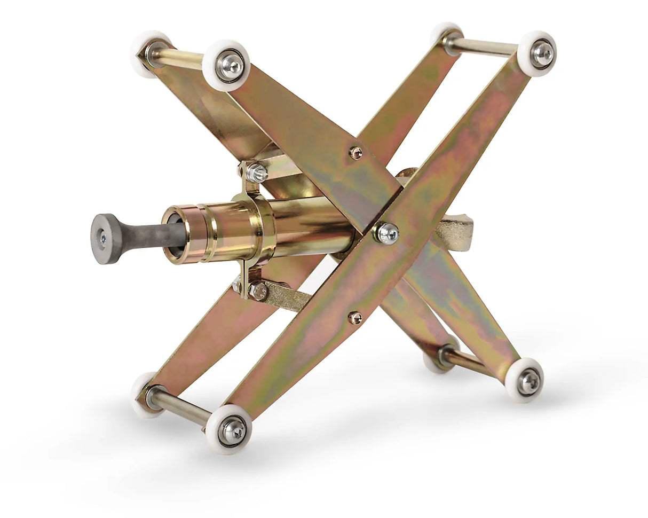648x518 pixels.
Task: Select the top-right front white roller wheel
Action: [x=537, y=53]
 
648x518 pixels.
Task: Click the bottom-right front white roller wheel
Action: [x=524, y=380]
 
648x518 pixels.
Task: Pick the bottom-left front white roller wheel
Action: [x=228, y=429]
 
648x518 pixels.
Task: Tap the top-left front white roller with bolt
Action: [x=226, y=65]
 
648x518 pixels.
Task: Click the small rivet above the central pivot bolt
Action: [x=356, y=153]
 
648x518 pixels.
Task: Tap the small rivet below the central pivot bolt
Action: [x=355, y=318]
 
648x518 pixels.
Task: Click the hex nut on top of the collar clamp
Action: [x=257, y=172]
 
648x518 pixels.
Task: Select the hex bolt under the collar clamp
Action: [x=258, y=291]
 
